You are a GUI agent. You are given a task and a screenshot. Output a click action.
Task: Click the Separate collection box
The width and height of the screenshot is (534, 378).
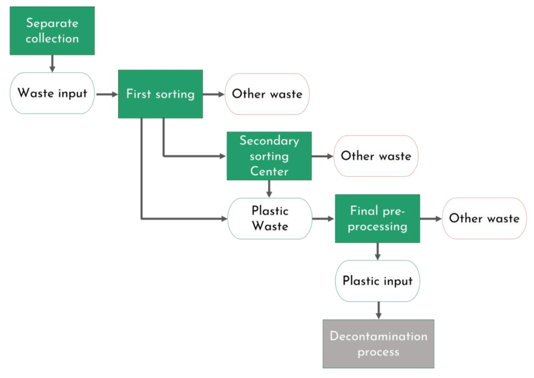pyautogui.click(x=52, y=31)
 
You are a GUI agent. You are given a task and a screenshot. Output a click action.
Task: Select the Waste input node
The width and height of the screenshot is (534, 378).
pyautogui.click(x=52, y=93)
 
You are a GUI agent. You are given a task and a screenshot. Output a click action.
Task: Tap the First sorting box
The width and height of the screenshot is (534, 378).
pyautogui.click(x=160, y=94)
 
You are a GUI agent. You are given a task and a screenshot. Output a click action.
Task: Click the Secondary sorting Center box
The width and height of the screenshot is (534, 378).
pyautogui.click(x=269, y=156)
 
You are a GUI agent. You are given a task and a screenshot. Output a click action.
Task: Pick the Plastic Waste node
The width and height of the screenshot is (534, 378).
pyautogui.click(x=270, y=218)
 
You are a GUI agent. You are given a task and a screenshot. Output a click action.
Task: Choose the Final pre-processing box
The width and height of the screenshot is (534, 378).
pyautogui.click(x=377, y=218)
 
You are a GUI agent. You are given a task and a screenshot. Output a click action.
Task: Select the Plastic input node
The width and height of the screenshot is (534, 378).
pyautogui.click(x=377, y=281)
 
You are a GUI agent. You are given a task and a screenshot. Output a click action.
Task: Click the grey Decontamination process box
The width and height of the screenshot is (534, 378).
pyautogui.click(x=378, y=344)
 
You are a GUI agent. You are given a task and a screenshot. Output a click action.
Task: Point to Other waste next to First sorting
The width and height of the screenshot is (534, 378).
pyautogui.click(x=267, y=94)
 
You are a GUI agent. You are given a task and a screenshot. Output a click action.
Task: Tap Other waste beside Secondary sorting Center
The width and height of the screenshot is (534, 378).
pyautogui.click(x=376, y=156)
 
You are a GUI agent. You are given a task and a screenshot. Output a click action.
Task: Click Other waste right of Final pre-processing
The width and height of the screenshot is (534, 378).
pyautogui.click(x=484, y=218)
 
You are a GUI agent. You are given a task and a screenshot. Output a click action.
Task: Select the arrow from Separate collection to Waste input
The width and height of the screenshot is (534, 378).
pyautogui.click(x=52, y=64)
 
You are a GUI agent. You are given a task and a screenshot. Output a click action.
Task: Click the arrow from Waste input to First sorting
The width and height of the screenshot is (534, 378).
pyautogui.click(x=105, y=94)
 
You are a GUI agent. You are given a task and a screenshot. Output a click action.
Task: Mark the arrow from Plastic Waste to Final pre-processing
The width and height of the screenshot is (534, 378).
pyautogui.click(x=323, y=218)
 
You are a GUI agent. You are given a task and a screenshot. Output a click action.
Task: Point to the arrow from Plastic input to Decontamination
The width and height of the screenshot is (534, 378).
pyautogui.click(x=378, y=310)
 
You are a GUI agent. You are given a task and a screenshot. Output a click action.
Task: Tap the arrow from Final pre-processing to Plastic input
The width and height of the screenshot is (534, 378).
pyautogui.click(x=378, y=251)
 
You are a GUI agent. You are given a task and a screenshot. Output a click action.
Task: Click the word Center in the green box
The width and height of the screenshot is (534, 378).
pyautogui.click(x=269, y=171)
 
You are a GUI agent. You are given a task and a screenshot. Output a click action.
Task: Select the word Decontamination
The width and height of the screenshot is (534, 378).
pyautogui.click(x=378, y=336)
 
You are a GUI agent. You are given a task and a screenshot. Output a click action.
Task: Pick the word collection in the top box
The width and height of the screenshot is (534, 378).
pyautogui.click(x=52, y=39)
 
